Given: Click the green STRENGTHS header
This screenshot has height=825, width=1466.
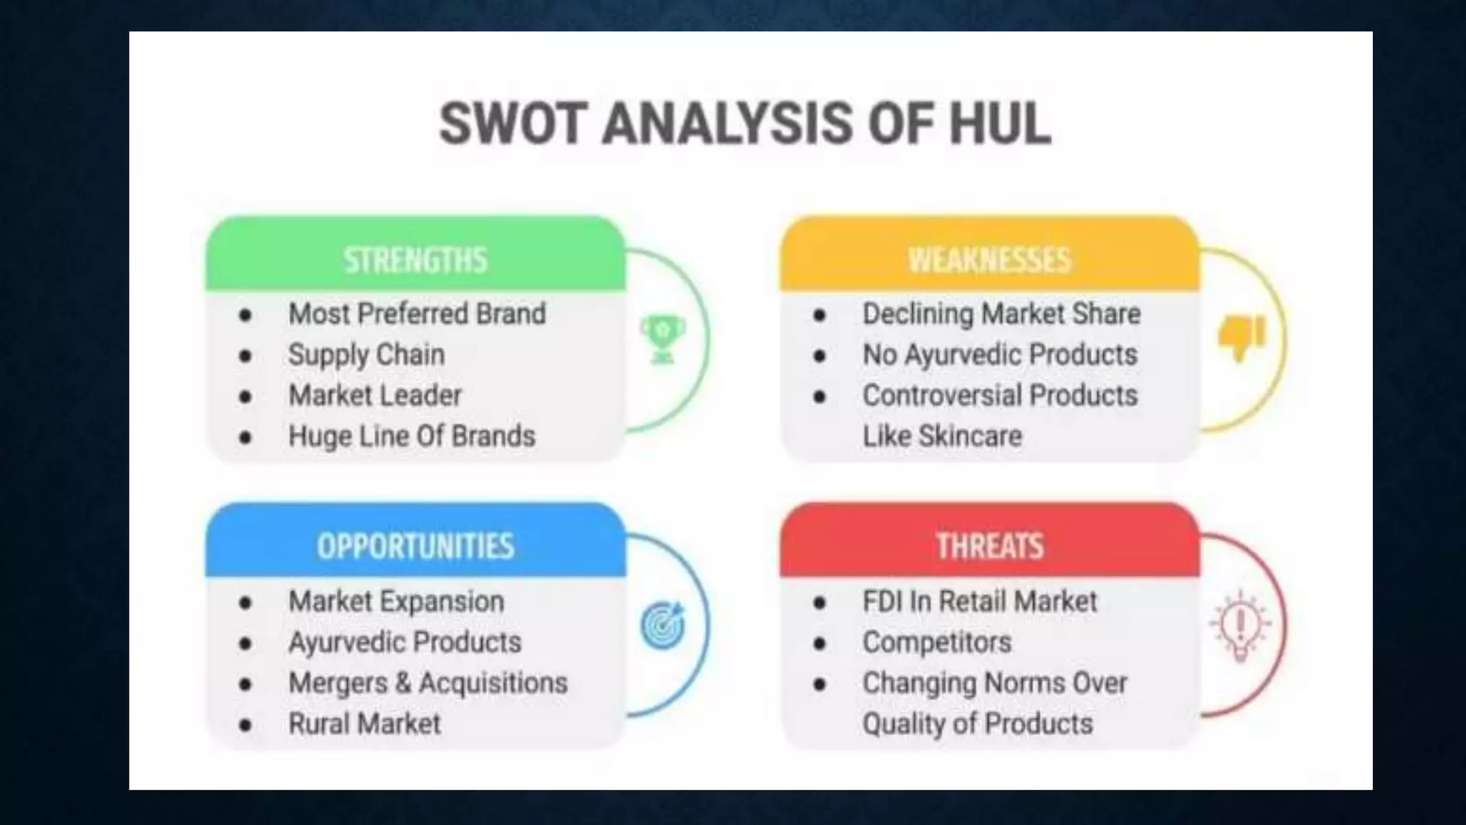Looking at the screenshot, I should tap(415, 259).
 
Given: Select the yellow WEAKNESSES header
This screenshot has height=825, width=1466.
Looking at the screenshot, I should tap(989, 259).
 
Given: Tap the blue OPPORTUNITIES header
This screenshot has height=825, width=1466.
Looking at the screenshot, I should tap(415, 546).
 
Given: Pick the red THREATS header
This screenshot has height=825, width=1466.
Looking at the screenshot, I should tap(989, 546).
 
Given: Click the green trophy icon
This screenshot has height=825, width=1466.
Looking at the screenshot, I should tap(663, 339).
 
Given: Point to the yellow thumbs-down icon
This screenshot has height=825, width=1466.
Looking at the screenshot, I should tap(1241, 338).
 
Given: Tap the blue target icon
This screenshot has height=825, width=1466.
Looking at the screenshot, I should tap(663, 626).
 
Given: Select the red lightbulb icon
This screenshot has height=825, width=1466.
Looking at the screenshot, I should tap(1241, 624).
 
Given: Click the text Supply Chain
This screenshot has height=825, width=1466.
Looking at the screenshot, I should tap(366, 354).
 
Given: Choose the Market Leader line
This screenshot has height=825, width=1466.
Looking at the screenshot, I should tap(375, 395).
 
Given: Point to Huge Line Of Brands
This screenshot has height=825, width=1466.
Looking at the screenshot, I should tap(412, 436).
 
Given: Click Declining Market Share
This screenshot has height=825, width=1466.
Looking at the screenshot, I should tap(1001, 314).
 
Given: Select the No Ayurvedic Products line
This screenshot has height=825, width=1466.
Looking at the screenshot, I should tap(1000, 354).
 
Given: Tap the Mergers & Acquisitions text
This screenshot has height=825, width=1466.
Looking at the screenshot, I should tap(428, 683).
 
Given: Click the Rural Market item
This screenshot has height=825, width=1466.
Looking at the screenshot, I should tap(364, 724).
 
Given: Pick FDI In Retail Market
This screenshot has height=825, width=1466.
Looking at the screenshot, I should tap(979, 602).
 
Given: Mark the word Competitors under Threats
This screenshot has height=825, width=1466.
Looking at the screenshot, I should tap(937, 642).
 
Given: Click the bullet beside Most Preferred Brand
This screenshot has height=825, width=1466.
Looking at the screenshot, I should tap(246, 314).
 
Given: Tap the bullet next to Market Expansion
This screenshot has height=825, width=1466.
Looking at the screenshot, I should tap(246, 602).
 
